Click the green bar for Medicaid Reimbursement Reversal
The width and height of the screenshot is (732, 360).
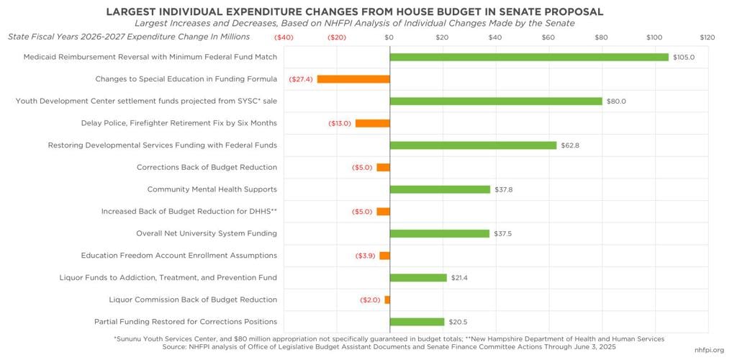pyautogui.click(x=529, y=57)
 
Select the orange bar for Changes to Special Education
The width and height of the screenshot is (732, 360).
pyautogui.click(x=353, y=79)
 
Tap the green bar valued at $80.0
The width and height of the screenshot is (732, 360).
pyautogui.click(x=496, y=101)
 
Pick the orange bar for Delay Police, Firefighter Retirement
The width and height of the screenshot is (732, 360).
pyautogui.click(x=372, y=123)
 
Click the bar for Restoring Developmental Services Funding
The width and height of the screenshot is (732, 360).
pyautogui.click(x=473, y=145)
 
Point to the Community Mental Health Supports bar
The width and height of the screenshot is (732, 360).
pyautogui.click(x=440, y=189)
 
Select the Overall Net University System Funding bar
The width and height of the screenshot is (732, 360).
pyautogui.click(x=439, y=233)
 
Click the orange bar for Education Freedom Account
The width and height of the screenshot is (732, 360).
pyautogui.click(x=384, y=256)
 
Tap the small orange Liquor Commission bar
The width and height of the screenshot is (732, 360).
pyautogui.click(x=387, y=300)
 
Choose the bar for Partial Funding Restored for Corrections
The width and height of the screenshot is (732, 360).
pyautogui.click(x=417, y=322)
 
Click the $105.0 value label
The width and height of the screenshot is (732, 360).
pyautogui.click(x=684, y=58)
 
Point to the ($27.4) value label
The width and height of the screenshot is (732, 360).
pyautogui.click(x=300, y=79)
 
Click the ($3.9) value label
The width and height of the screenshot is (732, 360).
pyautogui.click(x=367, y=256)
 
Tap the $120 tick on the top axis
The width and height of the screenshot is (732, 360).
pyautogui.click(x=707, y=37)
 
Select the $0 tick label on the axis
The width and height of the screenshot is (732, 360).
pyautogui.click(x=389, y=37)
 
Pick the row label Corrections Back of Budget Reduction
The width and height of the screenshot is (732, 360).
pyautogui.click(x=207, y=167)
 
